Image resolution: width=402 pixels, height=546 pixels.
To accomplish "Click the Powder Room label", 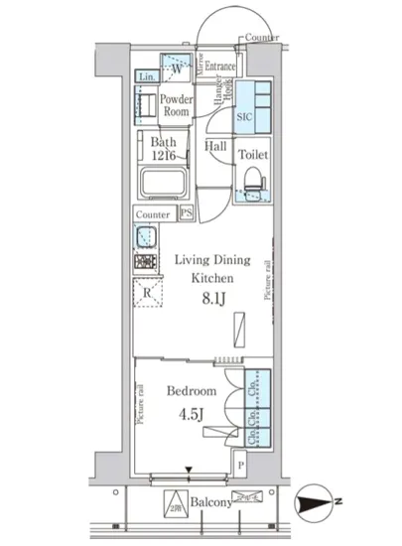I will pyautogui.click(x=176, y=106).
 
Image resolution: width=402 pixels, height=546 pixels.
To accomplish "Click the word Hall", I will pyautogui.click(x=214, y=147).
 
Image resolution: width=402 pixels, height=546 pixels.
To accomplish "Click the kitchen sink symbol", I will pyautogui.click(x=146, y=237).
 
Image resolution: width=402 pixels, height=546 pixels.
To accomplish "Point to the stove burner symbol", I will pyautogui.click(x=146, y=263).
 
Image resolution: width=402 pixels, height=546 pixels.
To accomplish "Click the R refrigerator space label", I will pyautogui.click(x=147, y=293).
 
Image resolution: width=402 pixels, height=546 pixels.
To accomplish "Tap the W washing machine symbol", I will pyautogui.click(x=176, y=68).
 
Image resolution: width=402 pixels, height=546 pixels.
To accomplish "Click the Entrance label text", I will pyautogui.click(x=220, y=67).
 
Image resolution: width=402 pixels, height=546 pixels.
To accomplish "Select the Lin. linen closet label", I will pyautogui.click(x=146, y=77).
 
